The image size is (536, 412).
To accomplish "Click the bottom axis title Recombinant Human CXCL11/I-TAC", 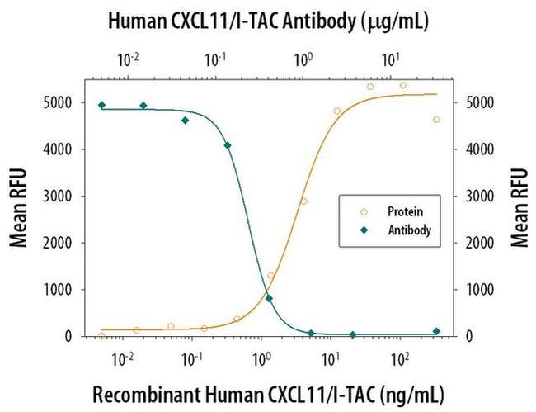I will click(x=267, y=391).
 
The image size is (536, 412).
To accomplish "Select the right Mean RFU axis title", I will click(x=519, y=207).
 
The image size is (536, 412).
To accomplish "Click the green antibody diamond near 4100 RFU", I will click(x=228, y=145).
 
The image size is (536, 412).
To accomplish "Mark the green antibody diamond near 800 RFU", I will click(x=270, y=299).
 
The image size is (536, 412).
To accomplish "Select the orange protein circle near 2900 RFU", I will click(x=303, y=201).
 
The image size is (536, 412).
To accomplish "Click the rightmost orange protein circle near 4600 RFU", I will click(x=436, y=120).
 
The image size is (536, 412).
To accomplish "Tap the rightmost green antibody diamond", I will click(x=436, y=331).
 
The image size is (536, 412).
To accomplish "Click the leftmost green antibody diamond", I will click(x=101, y=105).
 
